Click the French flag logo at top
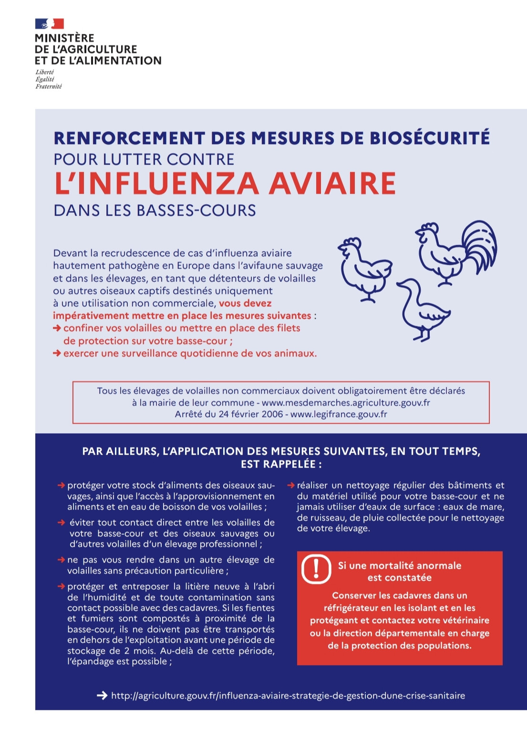click(x=50, y=23)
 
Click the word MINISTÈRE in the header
click(x=64, y=38)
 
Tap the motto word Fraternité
click(x=48, y=86)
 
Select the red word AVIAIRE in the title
click(x=332, y=184)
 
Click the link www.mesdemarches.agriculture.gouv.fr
click(x=346, y=403)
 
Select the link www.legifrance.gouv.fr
click(x=339, y=414)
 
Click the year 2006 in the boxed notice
click(x=272, y=414)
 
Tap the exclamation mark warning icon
click(x=316, y=569)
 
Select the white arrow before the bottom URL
click(x=102, y=696)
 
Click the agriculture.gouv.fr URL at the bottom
click(x=288, y=696)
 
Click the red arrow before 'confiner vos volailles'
click(x=57, y=328)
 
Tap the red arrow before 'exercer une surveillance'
click(x=57, y=354)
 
